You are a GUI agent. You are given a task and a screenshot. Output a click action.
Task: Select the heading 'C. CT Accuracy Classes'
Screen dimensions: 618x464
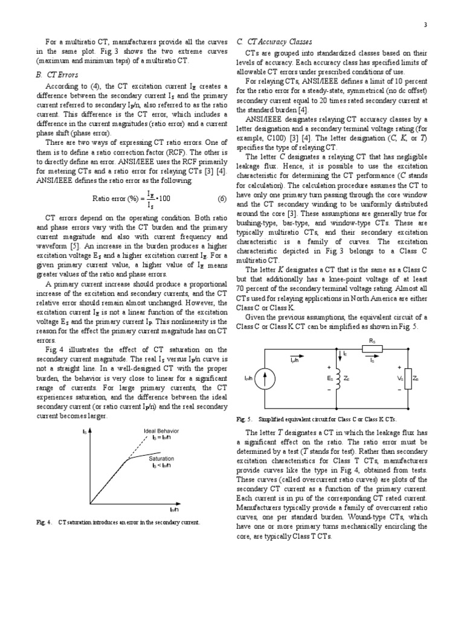(x=274, y=41)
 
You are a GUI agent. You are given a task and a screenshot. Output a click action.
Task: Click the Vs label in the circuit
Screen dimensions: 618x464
(x=399, y=378)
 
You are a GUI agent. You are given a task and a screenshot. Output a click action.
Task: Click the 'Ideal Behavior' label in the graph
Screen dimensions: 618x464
(x=161, y=430)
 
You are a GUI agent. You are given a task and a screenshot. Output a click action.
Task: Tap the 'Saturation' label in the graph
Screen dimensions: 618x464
(x=161, y=459)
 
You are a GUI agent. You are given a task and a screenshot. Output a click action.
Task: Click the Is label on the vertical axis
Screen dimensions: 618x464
(x=84, y=432)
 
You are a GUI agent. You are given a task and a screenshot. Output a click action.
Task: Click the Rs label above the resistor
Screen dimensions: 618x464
(x=372, y=340)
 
